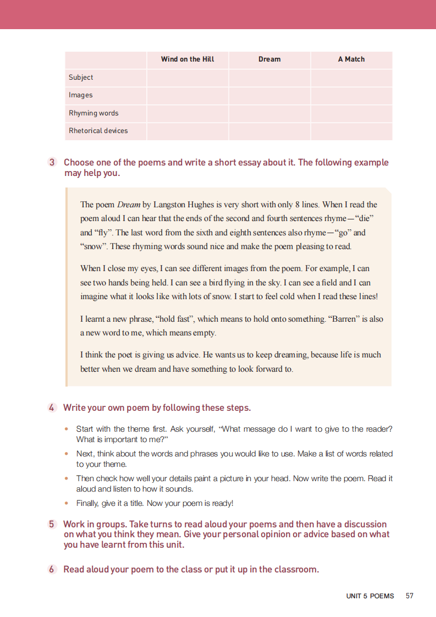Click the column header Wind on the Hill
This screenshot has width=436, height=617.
[187, 59]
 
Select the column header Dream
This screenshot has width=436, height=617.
[269, 59]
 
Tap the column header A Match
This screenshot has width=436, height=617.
[351, 59]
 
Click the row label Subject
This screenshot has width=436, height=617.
[81, 78]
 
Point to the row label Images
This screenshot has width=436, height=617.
[81, 95]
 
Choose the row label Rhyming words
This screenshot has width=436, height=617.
[93, 113]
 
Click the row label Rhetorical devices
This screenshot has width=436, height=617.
[98, 131]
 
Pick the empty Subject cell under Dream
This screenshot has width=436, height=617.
[269, 78]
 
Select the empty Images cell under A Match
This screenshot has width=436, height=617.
[351, 95]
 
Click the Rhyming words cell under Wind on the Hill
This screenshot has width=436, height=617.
[187, 113]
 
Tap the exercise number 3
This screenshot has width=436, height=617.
[52, 162]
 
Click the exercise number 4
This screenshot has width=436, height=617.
[52, 408]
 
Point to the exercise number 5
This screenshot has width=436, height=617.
[52, 525]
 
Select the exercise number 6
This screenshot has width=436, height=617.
[52, 570]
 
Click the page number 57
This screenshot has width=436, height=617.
[409, 596]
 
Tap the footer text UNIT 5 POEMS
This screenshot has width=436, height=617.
[370, 596]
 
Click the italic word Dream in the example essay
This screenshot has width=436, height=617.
[129, 205]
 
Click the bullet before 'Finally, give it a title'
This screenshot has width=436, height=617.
[67, 503]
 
